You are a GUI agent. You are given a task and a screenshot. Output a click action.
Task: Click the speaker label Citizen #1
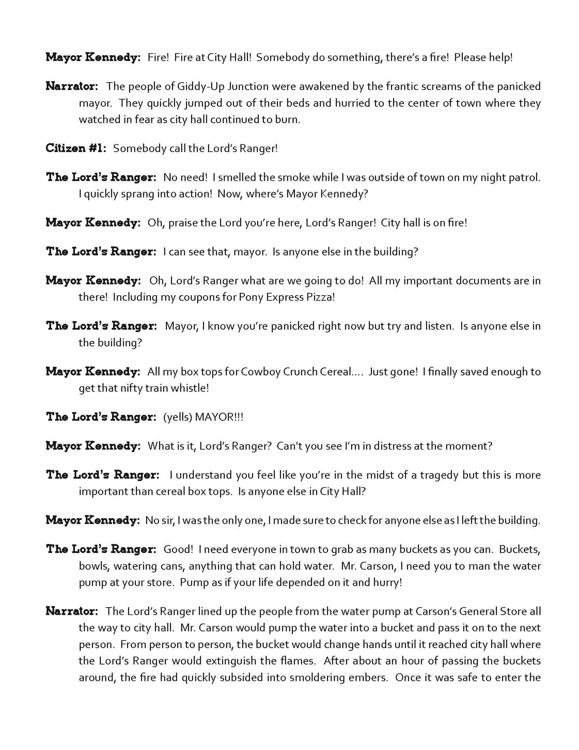[x=76, y=148]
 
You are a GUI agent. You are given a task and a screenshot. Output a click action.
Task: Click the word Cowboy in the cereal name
[x=260, y=372]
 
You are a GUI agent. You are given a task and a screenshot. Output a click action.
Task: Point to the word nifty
[x=129, y=388]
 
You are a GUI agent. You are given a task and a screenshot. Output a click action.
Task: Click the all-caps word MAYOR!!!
[x=219, y=417]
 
